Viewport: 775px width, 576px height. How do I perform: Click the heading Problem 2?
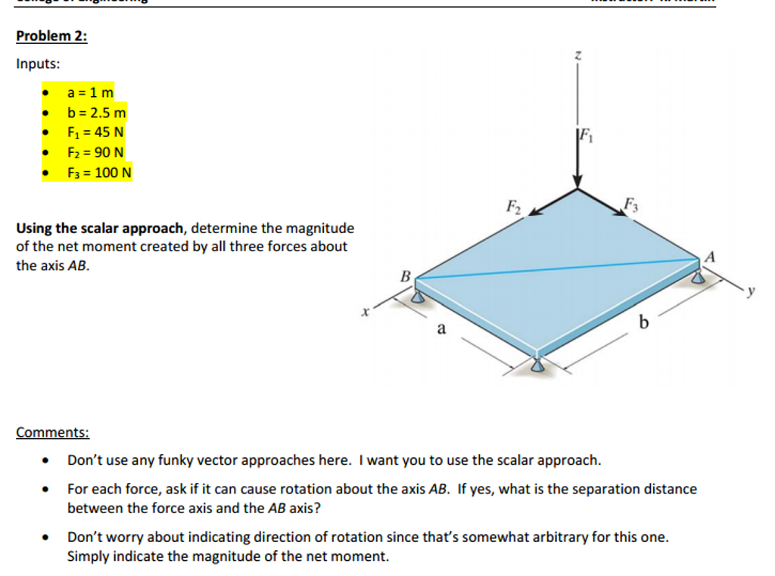click(51, 36)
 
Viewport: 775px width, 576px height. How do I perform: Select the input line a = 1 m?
click(90, 93)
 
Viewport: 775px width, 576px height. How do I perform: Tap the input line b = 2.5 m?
click(97, 114)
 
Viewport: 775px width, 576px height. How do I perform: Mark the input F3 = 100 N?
click(100, 173)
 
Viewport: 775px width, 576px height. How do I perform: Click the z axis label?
click(577, 54)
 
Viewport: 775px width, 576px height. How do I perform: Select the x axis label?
click(365, 310)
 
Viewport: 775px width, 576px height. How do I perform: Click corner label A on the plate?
click(709, 255)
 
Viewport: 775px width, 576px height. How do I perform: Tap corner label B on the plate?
click(404, 276)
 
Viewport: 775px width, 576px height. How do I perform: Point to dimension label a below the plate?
click(441, 328)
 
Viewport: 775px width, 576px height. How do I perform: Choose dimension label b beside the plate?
click(643, 324)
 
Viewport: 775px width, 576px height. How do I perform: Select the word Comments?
click(52, 433)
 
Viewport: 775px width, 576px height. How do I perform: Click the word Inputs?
click(38, 64)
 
